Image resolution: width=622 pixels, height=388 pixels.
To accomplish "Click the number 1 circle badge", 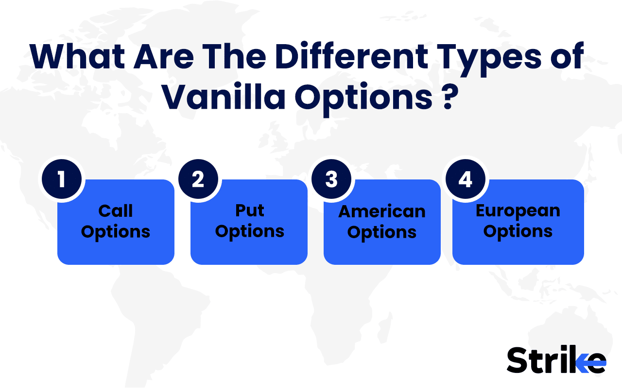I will pos(61,179).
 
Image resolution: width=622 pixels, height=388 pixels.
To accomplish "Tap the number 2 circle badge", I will pos(198,179).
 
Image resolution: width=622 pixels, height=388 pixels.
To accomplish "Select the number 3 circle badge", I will pos(331,179).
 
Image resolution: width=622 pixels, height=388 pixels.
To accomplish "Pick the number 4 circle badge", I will pos(465,179).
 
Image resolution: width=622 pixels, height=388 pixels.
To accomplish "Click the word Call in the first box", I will pos(116,211).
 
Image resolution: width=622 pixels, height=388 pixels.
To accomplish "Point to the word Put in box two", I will pos(249,210).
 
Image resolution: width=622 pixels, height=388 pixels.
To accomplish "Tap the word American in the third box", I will pos(382,211).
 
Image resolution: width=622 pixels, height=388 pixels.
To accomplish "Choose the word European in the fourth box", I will pos(518,210).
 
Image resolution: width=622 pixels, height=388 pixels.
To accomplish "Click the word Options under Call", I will pos(116,231).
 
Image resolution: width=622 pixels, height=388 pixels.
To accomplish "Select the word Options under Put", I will pos(249,231).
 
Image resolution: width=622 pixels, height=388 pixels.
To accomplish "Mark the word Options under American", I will pos(382,232).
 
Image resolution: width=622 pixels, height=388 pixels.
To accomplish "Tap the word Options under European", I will pos(518,231).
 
